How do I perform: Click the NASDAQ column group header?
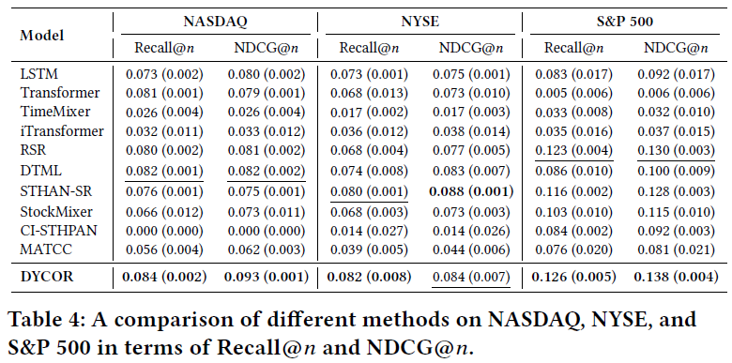point(215,22)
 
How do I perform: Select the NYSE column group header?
point(419,22)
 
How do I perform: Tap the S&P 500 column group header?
point(625,22)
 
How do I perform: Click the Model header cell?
point(42,36)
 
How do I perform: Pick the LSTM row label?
point(39,74)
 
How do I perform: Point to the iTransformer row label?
point(62,131)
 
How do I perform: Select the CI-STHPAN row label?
point(58,231)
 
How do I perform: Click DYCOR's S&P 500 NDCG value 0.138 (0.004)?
point(676,277)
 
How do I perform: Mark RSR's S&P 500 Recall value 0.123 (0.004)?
point(573,150)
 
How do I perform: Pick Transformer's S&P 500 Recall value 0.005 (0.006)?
point(573,93)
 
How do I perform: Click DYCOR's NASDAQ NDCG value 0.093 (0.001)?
point(267,277)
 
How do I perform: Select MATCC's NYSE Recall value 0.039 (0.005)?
point(369,250)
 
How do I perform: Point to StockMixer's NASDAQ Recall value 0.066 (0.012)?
point(164,211)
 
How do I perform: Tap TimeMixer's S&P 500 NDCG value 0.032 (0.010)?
point(676,113)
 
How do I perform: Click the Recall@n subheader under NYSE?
point(369,48)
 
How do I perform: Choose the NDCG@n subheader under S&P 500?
point(676,48)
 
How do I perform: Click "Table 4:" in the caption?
point(46,321)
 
